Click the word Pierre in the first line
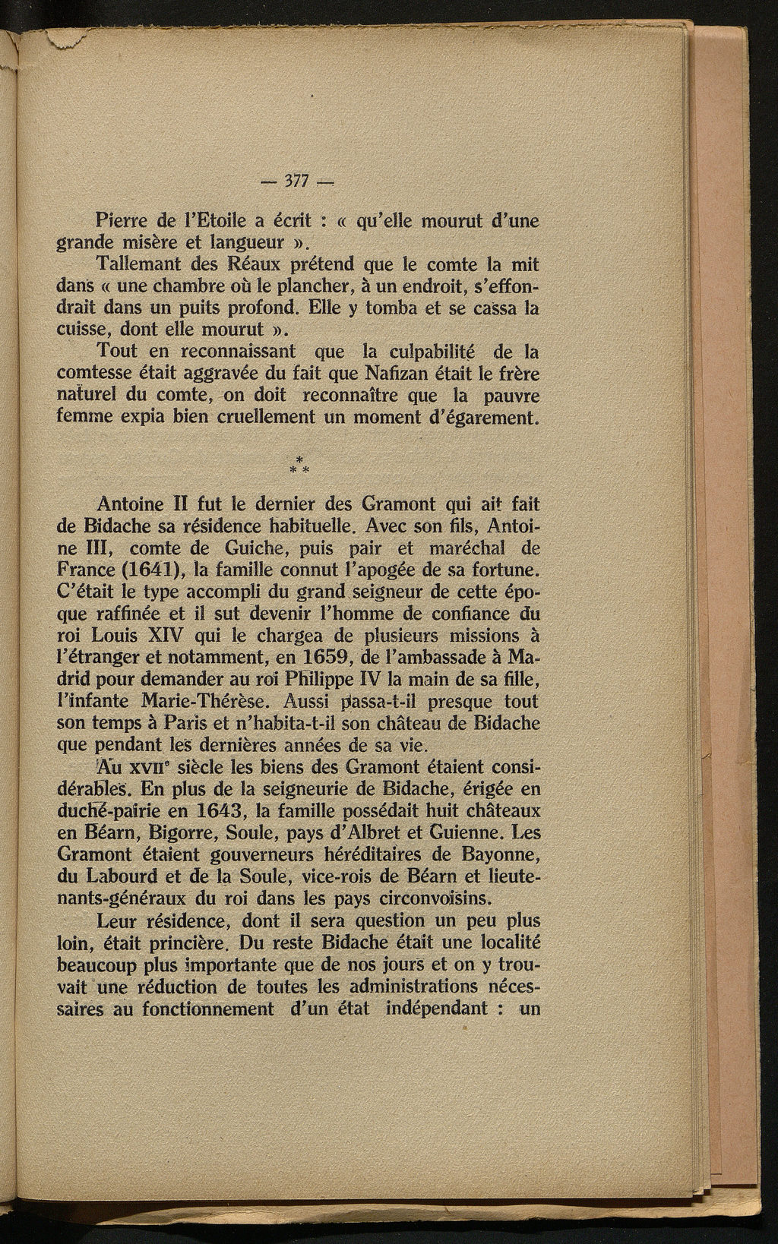(x=123, y=222)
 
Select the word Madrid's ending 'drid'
(x=77, y=678)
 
